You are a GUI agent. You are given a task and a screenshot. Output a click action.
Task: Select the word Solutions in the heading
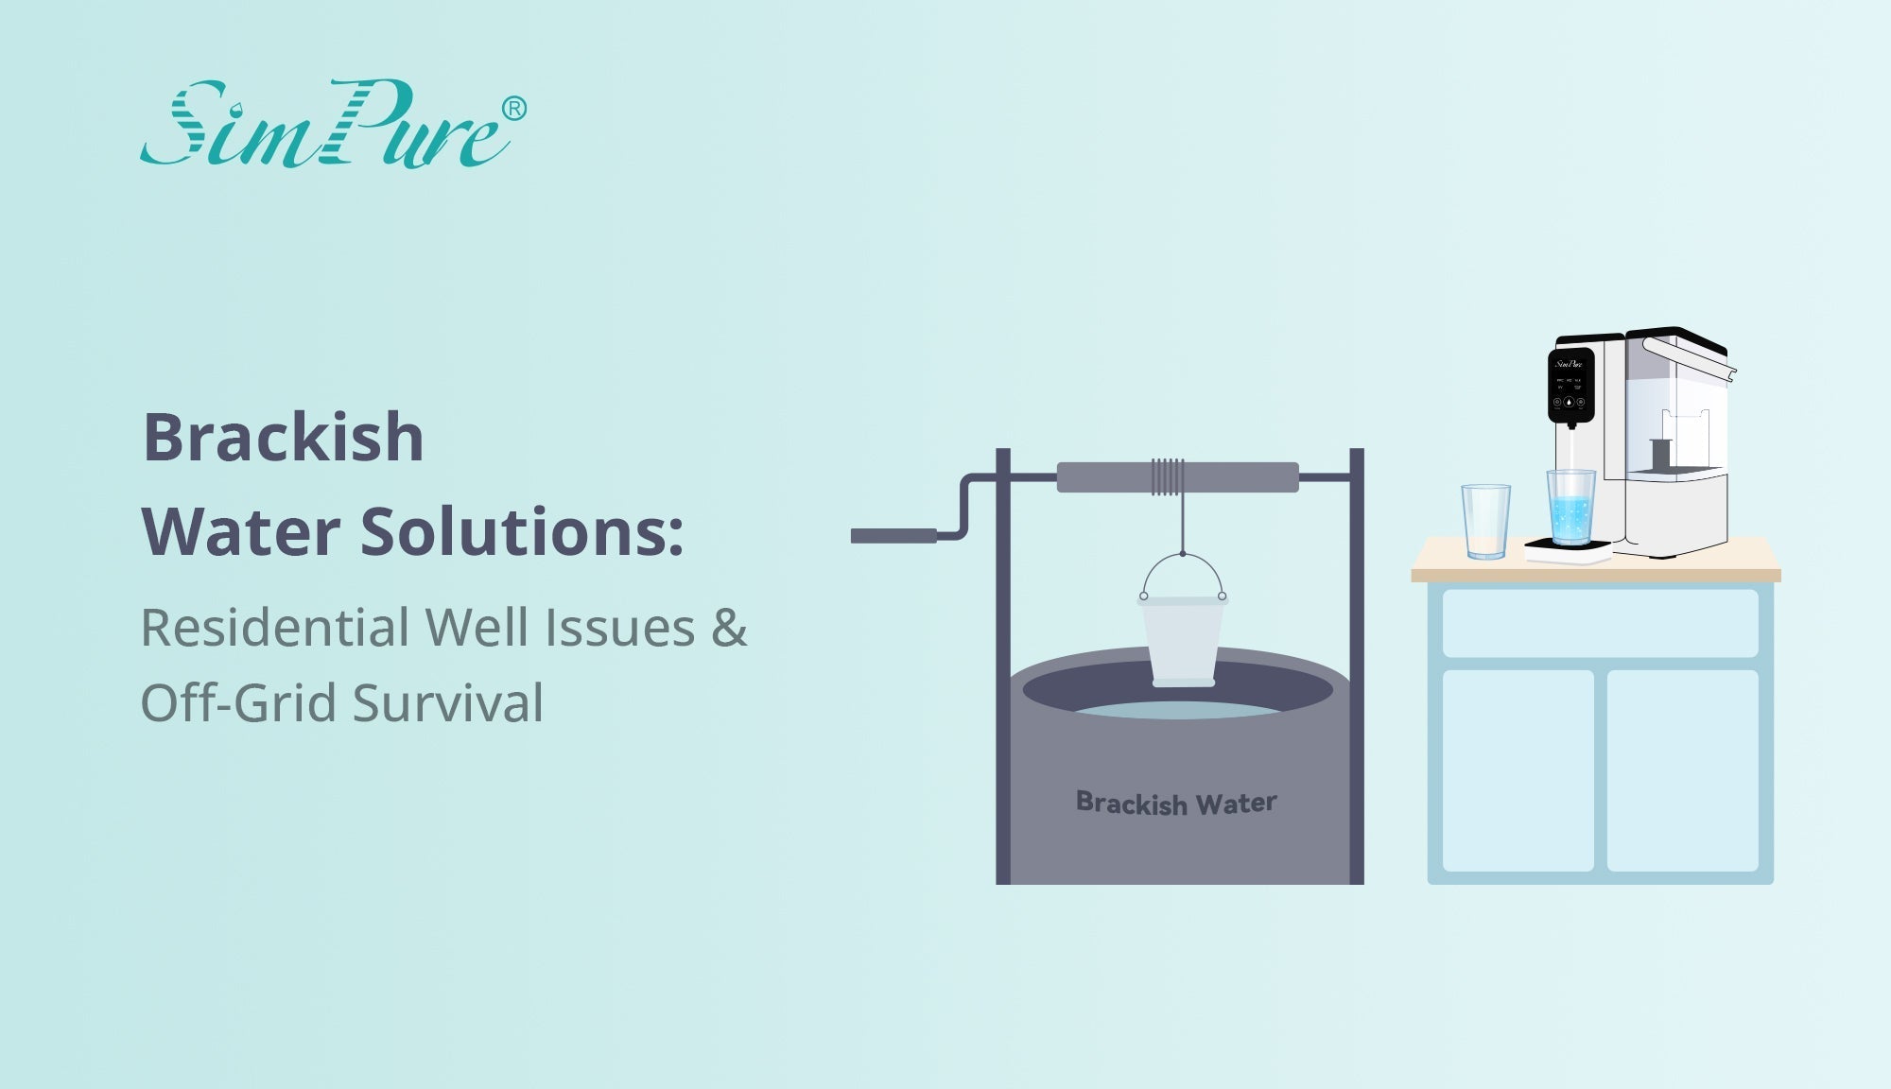pyautogui.click(x=522, y=531)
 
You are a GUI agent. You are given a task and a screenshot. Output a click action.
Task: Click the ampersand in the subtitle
pyautogui.click(x=729, y=628)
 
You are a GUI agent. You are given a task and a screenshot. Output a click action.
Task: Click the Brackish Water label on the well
pyautogui.click(x=1176, y=804)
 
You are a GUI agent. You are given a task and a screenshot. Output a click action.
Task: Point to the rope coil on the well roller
pyautogui.click(x=1168, y=477)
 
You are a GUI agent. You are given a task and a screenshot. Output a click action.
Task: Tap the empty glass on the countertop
pyautogui.click(x=1485, y=522)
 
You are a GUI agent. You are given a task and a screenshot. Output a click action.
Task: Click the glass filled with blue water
pyautogui.click(x=1570, y=508)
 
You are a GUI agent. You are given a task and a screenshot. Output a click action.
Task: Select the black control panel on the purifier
pyautogui.click(x=1570, y=385)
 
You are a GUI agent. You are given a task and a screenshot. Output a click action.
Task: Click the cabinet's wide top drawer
pyautogui.click(x=1600, y=623)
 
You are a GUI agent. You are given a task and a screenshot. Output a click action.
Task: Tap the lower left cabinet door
pyautogui.click(x=1518, y=770)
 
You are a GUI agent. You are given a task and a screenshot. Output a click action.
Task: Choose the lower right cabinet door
pyautogui.click(x=1683, y=770)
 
